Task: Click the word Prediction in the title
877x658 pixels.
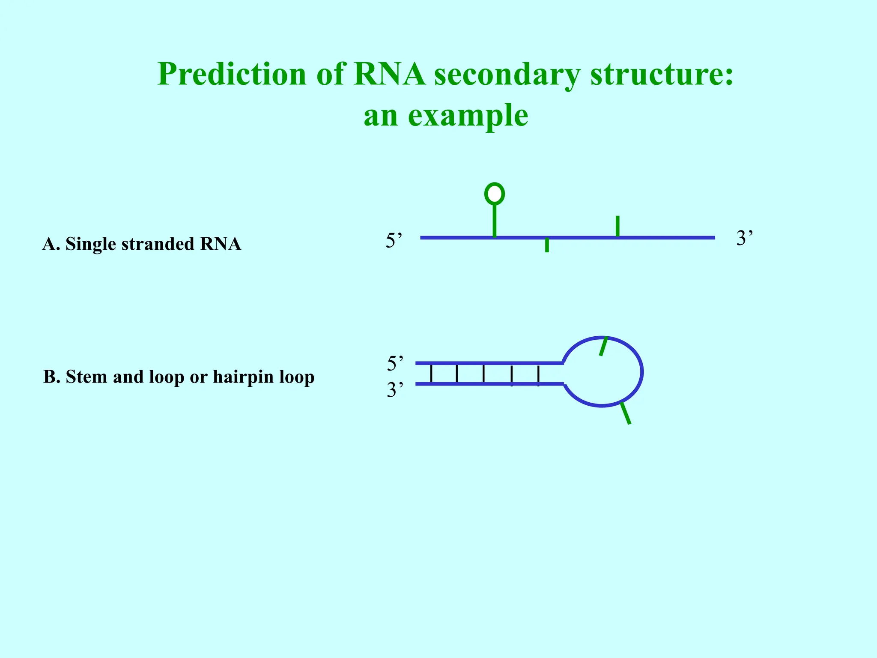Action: click(x=232, y=75)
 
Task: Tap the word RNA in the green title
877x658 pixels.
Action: click(x=389, y=75)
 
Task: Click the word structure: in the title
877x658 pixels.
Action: click(x=662, y=75)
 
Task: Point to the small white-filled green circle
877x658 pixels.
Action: click(x=495, y=194)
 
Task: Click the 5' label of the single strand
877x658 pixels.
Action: click(x=394, y=240)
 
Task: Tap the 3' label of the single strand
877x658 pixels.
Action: click(x=744, y=238)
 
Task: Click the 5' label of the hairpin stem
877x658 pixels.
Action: click(x=395, y=364)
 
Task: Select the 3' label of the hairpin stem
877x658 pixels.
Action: click(x=395, y=390)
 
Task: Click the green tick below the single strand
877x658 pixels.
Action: click(x=547, y=245)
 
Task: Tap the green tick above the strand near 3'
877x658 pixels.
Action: click(x=617, y=226)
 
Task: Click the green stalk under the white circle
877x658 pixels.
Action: click(x=495, y=221)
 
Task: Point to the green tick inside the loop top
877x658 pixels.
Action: click(x=603, y=346)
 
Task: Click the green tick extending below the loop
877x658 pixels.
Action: click(x=626, y=413)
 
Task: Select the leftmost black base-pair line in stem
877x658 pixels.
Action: click(x=431, y=374)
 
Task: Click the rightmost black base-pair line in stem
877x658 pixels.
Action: click(x=538, y=375)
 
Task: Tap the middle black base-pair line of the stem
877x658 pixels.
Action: click(x=483, y=374)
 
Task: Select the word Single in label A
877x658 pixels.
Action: click(x=91, y=244)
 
